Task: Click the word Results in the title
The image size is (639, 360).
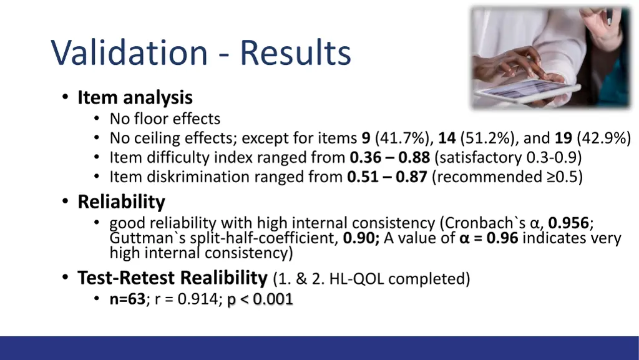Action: click(x=295, y=53)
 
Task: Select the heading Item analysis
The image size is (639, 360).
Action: click(x=135, y=98)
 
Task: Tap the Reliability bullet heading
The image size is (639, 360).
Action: click(x=121, y=202)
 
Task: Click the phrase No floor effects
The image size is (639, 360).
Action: click(x=165, y=119)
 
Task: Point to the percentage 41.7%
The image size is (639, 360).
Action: click(x=404, y=138)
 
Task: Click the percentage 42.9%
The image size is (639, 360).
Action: click(x=604, y=138)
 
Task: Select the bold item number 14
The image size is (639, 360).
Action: click(x=447, y=138)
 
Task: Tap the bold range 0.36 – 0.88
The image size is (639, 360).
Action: click(x=390, y=157)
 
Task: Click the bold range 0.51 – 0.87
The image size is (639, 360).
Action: click(x=387, y=177)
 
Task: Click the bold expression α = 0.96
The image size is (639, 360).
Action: click(x=488, y=238)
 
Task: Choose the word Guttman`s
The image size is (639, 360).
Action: click(x=140, y=238)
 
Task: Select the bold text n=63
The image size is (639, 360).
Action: click(x=127, y=299)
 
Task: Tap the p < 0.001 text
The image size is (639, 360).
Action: click(x=260, y=299)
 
